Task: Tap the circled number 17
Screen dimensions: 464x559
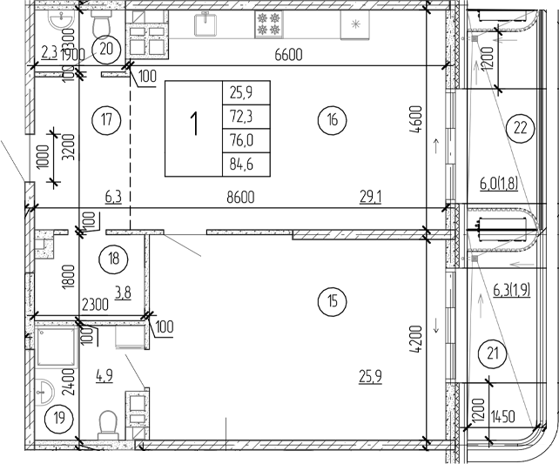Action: click(x=105, y=120)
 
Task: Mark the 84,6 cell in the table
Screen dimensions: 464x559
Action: click(x=246, y=161)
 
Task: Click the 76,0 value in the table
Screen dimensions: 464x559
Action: click(x=246, y=137)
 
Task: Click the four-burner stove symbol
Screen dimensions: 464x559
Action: click(x=267, y=24)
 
